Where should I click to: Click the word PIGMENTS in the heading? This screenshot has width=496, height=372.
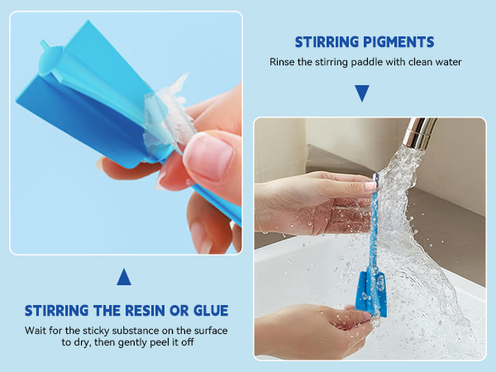399,41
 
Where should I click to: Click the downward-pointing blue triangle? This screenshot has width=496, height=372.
361,93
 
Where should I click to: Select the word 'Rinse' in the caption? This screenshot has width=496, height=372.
284,63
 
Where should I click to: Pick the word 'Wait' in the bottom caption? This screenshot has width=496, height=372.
36,331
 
